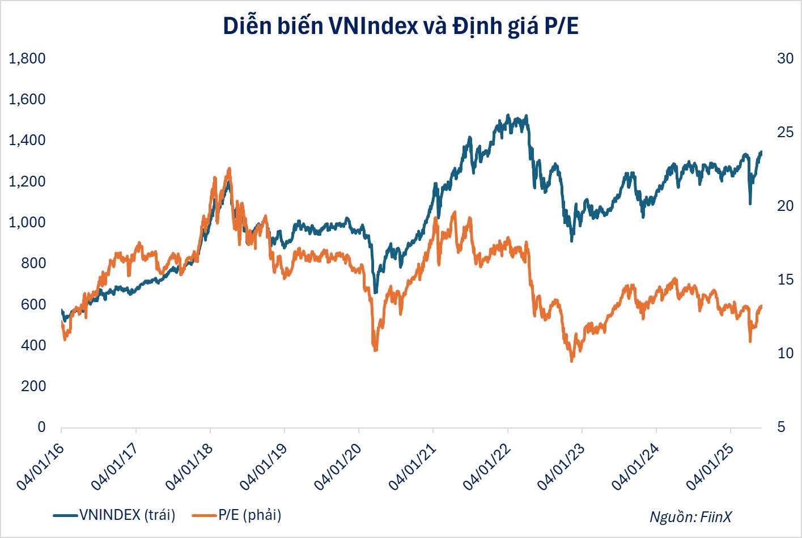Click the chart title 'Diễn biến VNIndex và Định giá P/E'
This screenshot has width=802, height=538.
[x=401, y=27]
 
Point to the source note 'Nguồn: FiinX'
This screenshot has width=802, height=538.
[x=690, y=516]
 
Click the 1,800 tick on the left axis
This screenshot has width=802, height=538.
[x=27, y=58]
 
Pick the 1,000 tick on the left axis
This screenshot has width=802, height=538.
[x=27, y=222]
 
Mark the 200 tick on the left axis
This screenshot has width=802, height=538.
[x=33, y=386]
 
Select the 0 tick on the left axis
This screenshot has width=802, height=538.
[x=41, y=427]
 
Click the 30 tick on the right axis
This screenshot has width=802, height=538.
[x=785, y=58]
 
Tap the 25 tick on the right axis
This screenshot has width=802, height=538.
[x=785, y=132]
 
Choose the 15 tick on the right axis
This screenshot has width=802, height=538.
[x=785, y=279]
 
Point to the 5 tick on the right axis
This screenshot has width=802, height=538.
[x=781, y=427]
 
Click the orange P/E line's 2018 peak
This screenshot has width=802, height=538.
[x=229, y=168]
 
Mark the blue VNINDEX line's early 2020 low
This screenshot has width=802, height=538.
[x=375, y=293]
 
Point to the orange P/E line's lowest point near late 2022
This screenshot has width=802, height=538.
[x=572, y=361]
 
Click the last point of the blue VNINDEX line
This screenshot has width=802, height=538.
[x=761, y=152]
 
